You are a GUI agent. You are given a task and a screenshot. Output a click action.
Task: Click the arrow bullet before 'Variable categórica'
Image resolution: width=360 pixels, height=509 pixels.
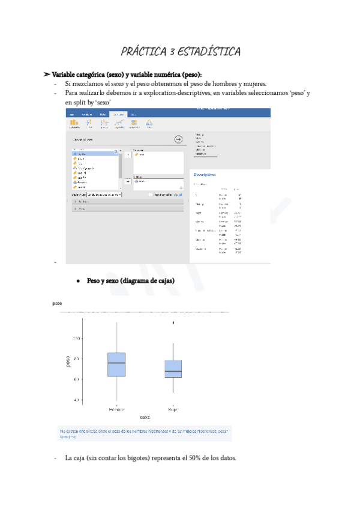[47, 74]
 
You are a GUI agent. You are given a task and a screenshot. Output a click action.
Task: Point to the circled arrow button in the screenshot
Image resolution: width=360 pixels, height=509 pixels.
[178, 139]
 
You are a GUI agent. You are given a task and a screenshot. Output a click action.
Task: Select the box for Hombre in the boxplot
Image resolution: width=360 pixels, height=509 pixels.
[116, 364]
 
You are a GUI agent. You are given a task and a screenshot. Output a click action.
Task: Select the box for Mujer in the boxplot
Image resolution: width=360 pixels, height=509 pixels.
[173, 369]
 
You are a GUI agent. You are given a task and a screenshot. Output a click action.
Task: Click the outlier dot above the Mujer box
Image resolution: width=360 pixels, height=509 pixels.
[173, 323]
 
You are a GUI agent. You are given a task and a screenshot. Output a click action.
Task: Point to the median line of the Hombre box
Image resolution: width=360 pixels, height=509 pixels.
[116, 363]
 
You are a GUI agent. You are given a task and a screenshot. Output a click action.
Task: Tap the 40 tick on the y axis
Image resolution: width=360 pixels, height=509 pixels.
[76, 399]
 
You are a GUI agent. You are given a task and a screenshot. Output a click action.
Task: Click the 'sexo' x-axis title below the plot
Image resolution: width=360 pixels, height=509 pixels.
[145, 416]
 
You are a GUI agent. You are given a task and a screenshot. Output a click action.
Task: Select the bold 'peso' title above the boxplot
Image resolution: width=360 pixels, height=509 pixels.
[57, 303]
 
